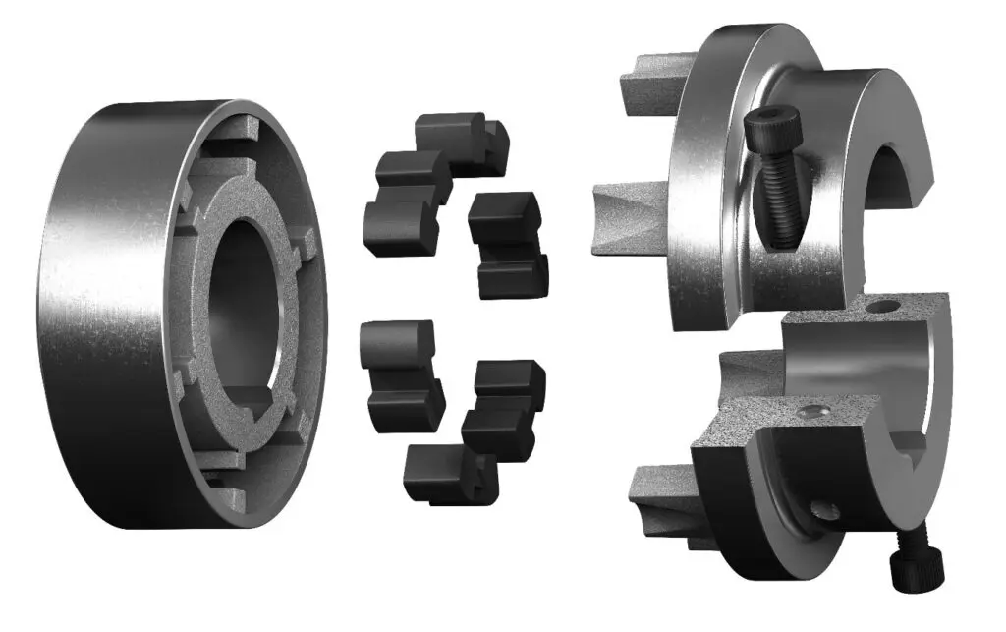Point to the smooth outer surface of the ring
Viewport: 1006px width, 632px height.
(x=108, y=295)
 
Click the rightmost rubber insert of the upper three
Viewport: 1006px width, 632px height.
(x=505, y=242)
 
